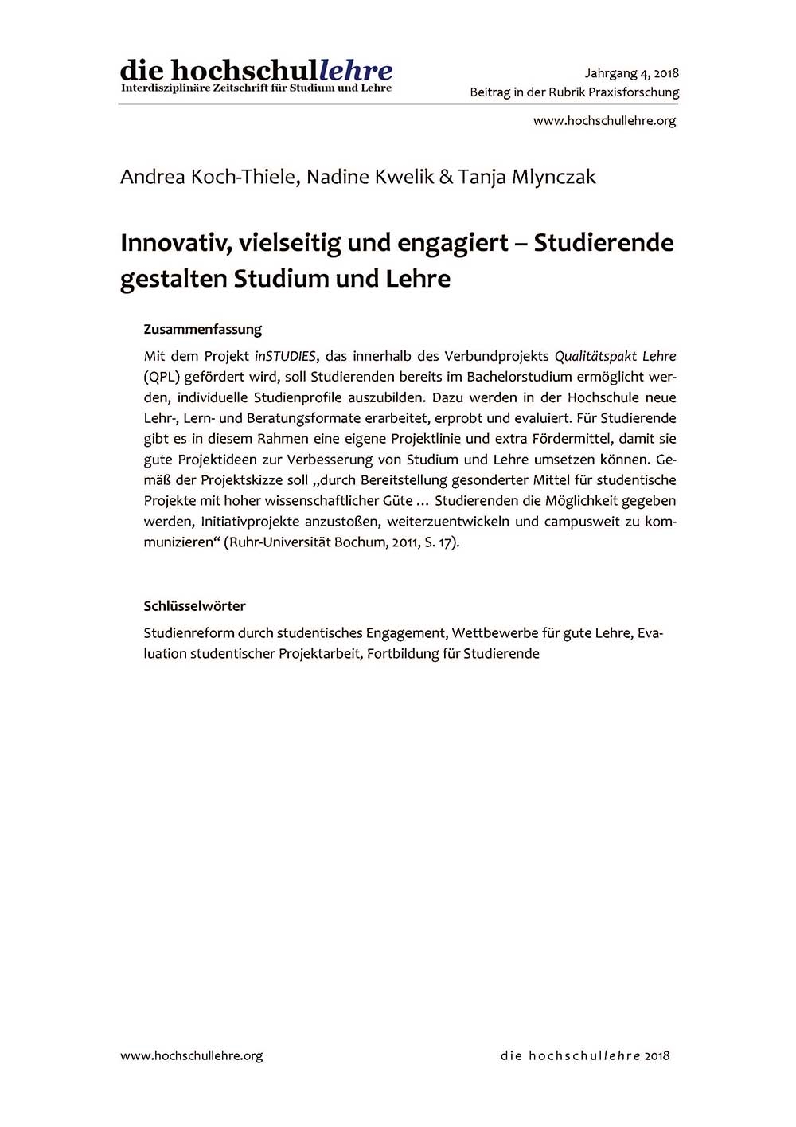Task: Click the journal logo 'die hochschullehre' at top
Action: [256, 71]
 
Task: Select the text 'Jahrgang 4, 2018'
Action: [631, 73]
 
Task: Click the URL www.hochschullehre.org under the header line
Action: [604, 121]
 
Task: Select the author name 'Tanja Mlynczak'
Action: [526, 177]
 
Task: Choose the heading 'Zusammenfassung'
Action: [203, 329]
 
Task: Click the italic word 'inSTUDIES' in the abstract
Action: [285, 356]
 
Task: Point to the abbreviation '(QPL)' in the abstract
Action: [159, 377]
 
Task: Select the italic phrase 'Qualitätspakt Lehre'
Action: [615, 356]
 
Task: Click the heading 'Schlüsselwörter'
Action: [195, 606]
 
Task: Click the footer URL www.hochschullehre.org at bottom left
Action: [192, 1055]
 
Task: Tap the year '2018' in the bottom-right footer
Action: [657, 1055]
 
